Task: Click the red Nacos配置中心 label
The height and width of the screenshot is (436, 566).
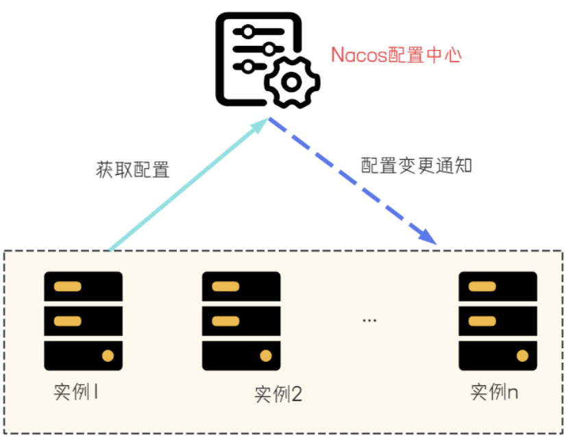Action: point(396,55)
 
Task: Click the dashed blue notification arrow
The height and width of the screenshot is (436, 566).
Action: point(349,182)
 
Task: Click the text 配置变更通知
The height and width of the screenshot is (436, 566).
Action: point(417,165)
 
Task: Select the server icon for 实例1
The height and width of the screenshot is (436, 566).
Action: point(84,321)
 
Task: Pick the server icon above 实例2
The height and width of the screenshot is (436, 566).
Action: point(241,321)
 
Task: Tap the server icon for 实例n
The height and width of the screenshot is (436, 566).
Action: point(497,321)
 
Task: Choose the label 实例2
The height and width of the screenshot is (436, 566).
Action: point(278,395)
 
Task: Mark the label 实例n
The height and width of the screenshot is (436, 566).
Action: point(495,393)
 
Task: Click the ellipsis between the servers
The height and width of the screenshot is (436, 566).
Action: point(369,320)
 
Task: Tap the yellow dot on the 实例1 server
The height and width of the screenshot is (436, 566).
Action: point(108,355)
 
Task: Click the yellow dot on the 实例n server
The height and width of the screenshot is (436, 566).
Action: point(522,355)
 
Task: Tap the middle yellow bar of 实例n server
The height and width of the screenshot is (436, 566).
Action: point(482,321)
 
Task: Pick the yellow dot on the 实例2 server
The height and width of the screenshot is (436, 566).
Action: point(265,355)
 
